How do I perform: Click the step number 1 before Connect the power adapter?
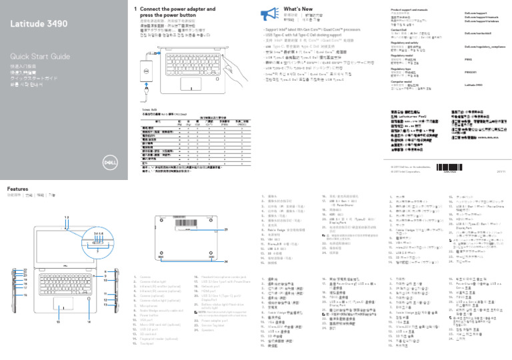135,8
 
